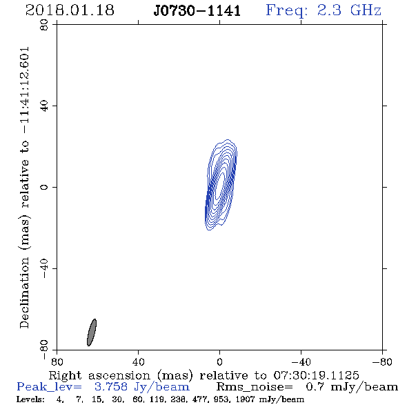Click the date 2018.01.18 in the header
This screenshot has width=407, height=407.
70,10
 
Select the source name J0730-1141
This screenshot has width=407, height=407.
197,11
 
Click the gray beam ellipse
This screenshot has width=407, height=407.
92,332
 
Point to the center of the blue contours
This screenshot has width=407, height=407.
221,185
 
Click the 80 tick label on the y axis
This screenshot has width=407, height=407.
44,25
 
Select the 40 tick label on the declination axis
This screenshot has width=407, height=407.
44,106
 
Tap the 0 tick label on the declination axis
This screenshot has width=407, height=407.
44,187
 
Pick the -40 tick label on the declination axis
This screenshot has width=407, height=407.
44,268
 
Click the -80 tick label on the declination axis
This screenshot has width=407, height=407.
44,350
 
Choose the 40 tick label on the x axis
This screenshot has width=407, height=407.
138,361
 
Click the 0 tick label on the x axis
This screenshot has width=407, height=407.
219,361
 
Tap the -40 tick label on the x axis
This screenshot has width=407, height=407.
301,361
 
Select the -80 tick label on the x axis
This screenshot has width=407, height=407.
382,361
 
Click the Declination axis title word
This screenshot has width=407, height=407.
24,292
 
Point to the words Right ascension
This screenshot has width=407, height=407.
99,375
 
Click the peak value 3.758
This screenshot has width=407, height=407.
111,387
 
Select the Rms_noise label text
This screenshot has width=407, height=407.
255,387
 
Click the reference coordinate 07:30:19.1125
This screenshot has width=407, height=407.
316,375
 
